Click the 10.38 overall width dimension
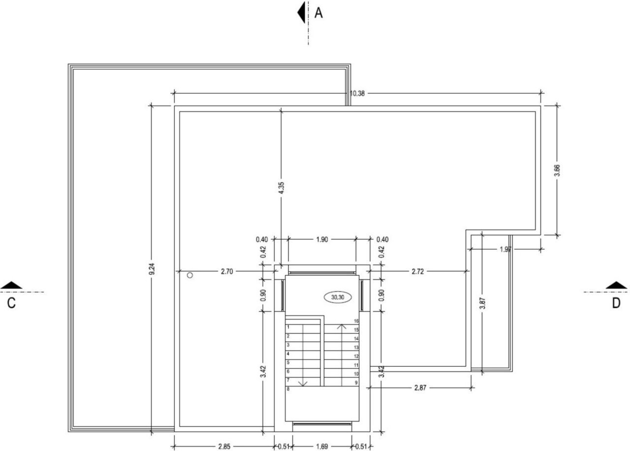(x=357, y=94)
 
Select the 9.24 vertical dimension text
(x=152, y=269)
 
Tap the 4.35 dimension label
(x=281, y=188)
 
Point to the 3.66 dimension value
(x=557, y=170)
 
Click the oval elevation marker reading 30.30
(x=338, y=297)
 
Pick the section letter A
(x=318, y=13)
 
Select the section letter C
(x=11, y=303)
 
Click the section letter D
(x=616, y=303)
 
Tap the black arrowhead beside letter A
(x=301, y=12)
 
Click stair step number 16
(x=356, y=321)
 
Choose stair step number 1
(x=288, y=327)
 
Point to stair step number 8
(x=288, y=389)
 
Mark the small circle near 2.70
(x=190, y=275)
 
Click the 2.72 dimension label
(x=417, y=271)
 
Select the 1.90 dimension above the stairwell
(x=322, y=239)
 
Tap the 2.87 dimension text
(x=420, y=387)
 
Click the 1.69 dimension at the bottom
(x=322, y=447)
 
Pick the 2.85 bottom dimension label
(x=224, y=447)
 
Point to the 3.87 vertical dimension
(x=482, y=303)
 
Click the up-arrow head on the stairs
(x=342, y=326)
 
